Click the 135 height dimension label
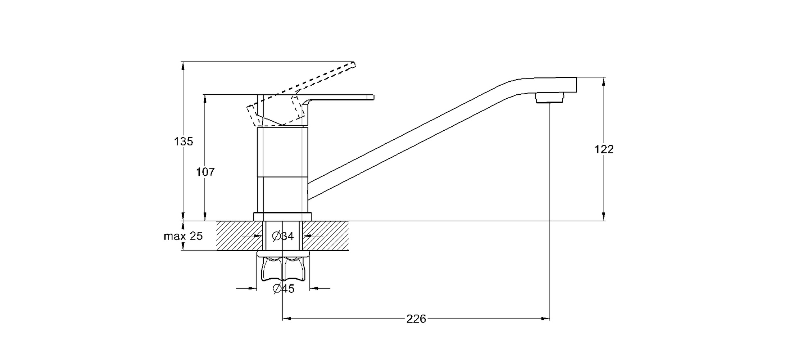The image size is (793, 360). pos(183,141)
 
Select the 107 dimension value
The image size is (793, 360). pos(205,172)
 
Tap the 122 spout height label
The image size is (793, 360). pos(604,149)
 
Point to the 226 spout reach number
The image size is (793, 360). pos(416,319)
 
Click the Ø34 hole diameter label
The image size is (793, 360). pos(283,236)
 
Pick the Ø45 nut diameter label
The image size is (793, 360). pos(284,289)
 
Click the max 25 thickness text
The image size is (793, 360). pos(183,236)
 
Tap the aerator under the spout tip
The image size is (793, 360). pos(549,98)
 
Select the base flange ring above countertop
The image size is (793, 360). pos(282,217)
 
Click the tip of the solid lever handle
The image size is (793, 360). pos(373,97)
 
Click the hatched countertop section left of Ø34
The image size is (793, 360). pos(239,235)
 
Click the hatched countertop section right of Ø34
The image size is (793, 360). pos(326,235)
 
